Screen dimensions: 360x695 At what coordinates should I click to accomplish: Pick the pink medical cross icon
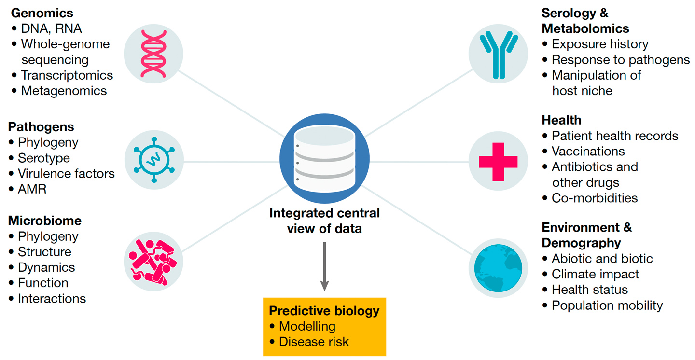pos(498,161)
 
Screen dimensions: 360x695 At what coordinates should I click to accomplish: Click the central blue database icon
pos(324,159)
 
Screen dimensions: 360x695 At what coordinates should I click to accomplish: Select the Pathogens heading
pos(41,127)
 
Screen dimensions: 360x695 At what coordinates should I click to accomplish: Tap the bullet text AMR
pos(32,189)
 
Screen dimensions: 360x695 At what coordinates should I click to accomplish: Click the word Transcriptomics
pos(67,75)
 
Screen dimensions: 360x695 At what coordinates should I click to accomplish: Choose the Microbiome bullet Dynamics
pos(46,267)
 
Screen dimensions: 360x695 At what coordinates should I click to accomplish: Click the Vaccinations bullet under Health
pos(588,151)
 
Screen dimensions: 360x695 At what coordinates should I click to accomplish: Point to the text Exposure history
pos(600,44)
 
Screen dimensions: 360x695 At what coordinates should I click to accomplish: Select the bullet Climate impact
pos(595,274)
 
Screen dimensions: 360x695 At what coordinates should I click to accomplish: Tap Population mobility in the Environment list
pos(607,305)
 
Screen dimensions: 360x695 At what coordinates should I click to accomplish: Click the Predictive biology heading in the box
pos(324,311)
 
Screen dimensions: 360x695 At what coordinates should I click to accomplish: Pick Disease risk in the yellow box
pos(314,342)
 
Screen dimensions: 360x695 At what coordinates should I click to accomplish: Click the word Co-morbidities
pos(595,198)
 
